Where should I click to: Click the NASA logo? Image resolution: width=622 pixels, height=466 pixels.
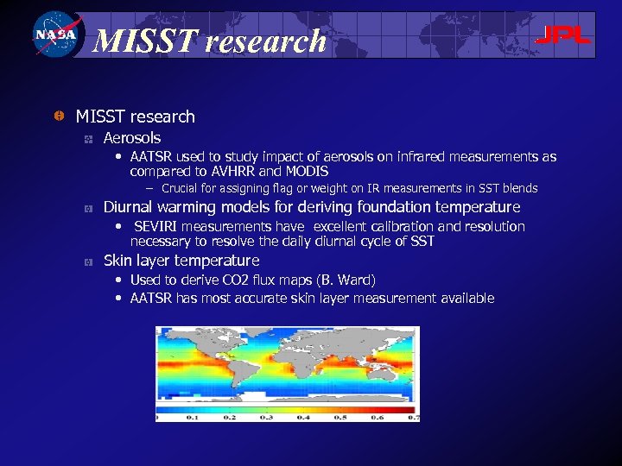point(55,35)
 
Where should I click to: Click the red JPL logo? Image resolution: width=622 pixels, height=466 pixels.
point(562,36)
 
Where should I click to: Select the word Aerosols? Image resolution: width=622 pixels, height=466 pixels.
point(132,138)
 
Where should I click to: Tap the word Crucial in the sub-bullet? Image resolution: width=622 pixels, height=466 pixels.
point(179,188)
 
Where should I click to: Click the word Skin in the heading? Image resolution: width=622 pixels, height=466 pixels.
point(117,261)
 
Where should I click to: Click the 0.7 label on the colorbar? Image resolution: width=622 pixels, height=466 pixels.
point(413,417)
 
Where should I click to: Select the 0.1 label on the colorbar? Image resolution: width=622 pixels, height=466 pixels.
point(193,417)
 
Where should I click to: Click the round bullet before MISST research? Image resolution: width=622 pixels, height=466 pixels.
point(57,116)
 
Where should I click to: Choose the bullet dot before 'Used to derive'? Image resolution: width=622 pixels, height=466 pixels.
point(119,280)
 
